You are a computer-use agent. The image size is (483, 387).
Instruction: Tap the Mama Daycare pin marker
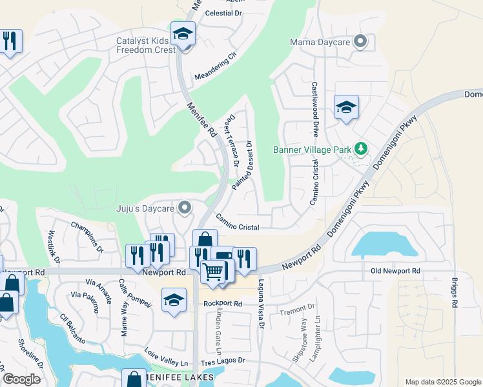[x=361, y=43]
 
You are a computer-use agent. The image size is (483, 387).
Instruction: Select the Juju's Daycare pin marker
[x=185, y=208]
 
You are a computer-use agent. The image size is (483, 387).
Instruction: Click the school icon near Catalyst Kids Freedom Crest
[x=183, y=34]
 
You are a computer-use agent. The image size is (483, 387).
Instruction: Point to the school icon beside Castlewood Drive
[x=346, y=108]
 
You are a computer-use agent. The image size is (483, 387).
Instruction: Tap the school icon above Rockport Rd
[x=174, y=300]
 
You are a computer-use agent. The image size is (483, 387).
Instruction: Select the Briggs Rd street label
[x=455, y=293]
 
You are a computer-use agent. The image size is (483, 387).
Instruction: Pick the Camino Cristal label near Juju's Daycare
[x=238, y=223]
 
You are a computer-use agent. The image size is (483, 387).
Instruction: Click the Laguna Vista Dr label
[x=262, y=303]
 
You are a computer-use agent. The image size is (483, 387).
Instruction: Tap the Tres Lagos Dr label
[x=223, y=361]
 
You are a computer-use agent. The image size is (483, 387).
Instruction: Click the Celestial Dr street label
[x=223, y=13]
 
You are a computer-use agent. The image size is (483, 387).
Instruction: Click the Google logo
[x=21, y=379]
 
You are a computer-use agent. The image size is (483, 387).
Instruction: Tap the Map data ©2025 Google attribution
[x=443, y=382]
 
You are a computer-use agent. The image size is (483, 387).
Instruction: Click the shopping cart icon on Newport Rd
[x=212, y=272]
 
